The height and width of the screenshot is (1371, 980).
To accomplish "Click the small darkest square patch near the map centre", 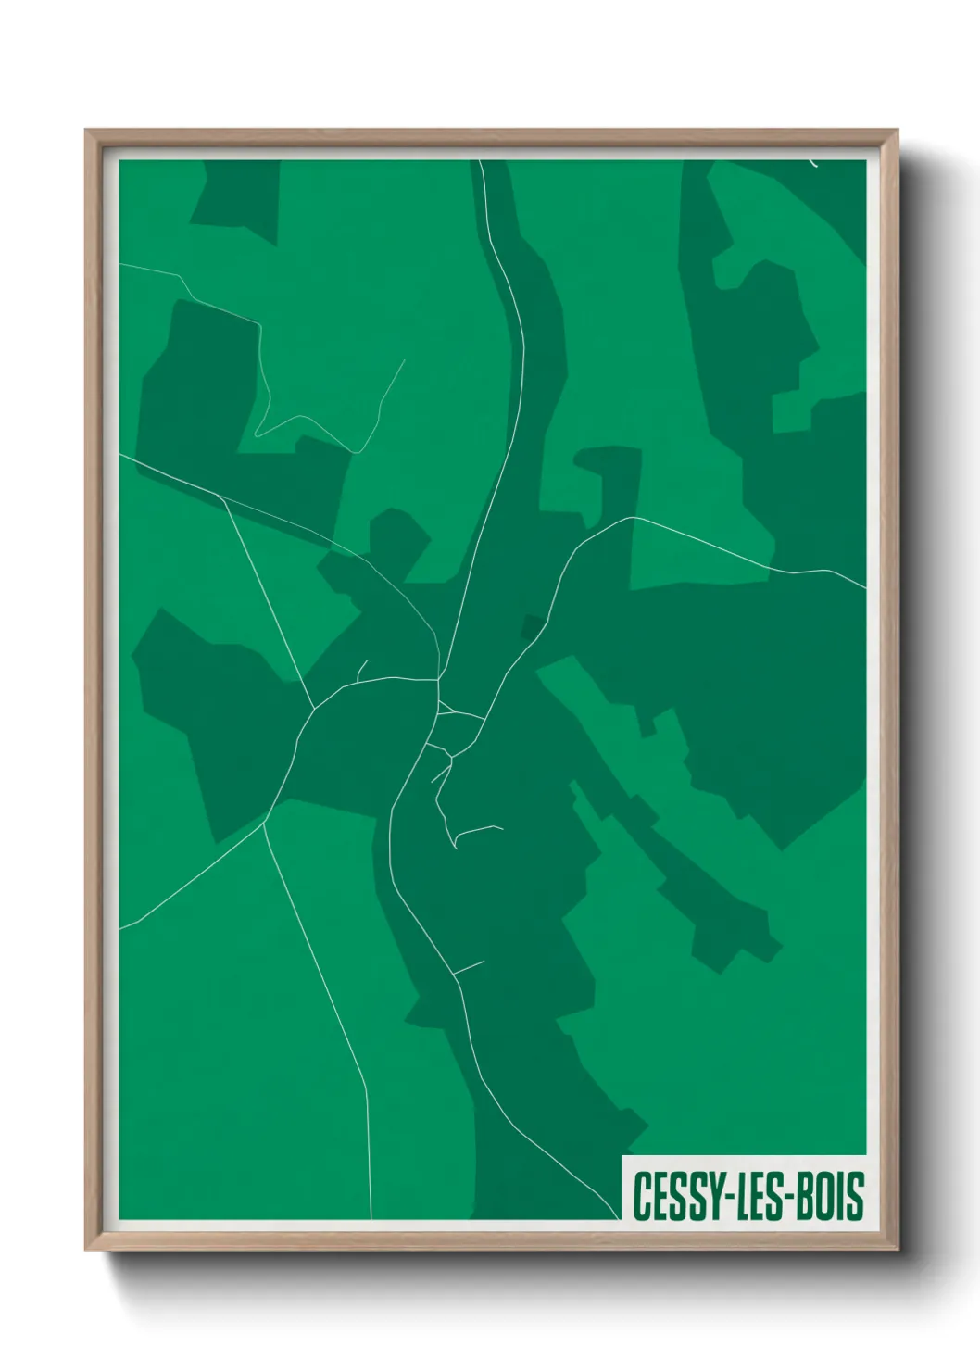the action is point(532,628).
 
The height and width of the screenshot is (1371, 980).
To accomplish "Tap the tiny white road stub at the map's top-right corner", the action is point(812,164).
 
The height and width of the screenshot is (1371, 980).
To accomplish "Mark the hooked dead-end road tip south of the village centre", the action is point(455,846).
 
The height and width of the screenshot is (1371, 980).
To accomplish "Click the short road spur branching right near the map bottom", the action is point(470,968).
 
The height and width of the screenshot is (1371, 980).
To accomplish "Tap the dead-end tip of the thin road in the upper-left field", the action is point(405,360).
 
